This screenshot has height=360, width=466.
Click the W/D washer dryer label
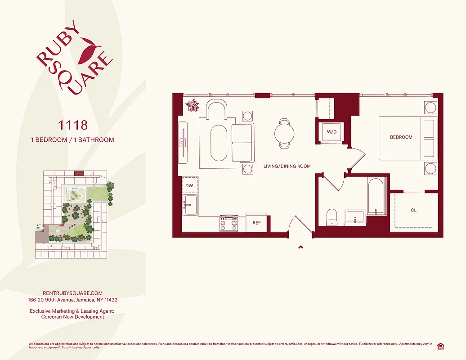pos(332,132)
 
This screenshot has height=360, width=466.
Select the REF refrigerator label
pos(256,223)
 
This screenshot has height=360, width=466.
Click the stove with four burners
pos(228,223)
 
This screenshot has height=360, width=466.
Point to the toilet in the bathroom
pos(331,216)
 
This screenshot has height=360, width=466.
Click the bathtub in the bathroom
pos(376,196)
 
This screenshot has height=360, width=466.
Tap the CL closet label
pos(414,210)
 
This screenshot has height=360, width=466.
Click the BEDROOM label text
pos(401,137)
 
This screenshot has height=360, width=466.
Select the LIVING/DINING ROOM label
pos(287,166)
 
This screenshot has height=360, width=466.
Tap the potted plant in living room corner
pos(193,105)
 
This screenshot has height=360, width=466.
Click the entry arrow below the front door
pos(300,247)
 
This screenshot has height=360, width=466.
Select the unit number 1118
pos(72,125)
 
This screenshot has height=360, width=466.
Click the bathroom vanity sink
pos(355,217)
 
